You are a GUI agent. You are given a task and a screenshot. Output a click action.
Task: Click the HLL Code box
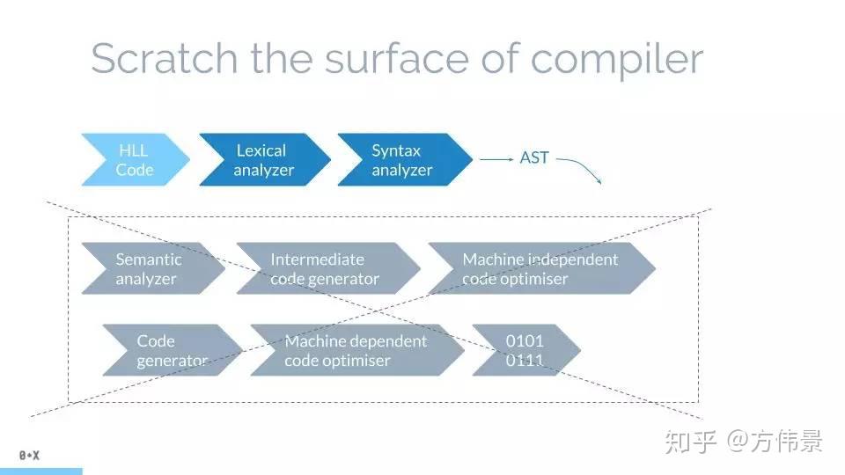134,160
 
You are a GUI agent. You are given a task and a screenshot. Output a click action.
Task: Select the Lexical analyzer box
263,160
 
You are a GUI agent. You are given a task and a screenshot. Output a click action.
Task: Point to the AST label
534,158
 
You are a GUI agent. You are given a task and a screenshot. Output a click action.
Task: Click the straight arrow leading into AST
496,159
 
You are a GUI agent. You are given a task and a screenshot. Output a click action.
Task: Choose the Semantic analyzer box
149,268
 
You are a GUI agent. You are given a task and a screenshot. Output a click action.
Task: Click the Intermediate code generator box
325,268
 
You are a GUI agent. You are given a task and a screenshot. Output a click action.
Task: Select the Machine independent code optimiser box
540,268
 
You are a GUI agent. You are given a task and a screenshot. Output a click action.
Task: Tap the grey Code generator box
169,350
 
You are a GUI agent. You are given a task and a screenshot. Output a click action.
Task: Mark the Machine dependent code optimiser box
356,350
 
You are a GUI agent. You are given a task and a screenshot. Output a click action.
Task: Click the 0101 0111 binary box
525,350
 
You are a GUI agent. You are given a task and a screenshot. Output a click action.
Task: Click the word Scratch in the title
164,58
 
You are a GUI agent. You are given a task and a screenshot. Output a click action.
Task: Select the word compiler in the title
617,60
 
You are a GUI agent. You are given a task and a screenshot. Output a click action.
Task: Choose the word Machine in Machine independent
493,259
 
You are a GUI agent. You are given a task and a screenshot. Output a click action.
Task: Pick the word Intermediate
317,259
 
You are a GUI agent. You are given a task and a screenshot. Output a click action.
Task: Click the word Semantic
149,259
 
